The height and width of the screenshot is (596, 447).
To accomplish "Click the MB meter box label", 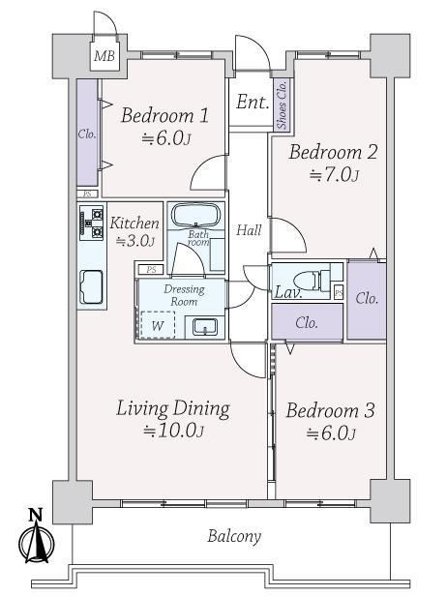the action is (x=104, y=56).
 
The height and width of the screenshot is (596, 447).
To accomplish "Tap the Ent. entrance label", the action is (x=253, y=102).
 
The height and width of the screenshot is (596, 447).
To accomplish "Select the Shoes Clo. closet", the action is (x=282, y=104).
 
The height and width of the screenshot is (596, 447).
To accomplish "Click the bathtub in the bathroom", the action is (x=196, y=216).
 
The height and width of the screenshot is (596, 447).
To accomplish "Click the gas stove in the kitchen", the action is (x=92, y=223).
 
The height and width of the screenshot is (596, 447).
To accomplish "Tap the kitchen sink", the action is (x=91, y=287).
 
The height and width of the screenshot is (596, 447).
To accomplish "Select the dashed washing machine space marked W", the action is (x=158, y=325).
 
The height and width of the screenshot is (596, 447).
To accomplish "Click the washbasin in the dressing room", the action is (x=205, y=327).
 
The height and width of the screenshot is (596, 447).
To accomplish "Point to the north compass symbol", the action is (x=36, y=536).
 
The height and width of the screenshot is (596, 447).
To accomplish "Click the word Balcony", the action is (x=234, y=536).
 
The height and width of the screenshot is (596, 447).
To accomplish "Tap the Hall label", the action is (x=249, y=230).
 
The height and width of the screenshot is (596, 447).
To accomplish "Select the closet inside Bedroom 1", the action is (x=87, y=133).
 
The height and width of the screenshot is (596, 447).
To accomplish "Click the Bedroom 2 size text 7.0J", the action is (x=334, y=175).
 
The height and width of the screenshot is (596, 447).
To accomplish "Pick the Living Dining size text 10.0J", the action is (x=173, y=431).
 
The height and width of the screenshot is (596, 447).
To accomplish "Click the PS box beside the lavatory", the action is (x=339, y=292).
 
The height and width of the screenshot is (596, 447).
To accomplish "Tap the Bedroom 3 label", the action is (x=330, y=410).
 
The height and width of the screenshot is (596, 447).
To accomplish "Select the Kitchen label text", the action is (x=134, y=223).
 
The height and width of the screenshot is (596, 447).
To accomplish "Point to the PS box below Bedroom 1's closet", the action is (x=87, y=194).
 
